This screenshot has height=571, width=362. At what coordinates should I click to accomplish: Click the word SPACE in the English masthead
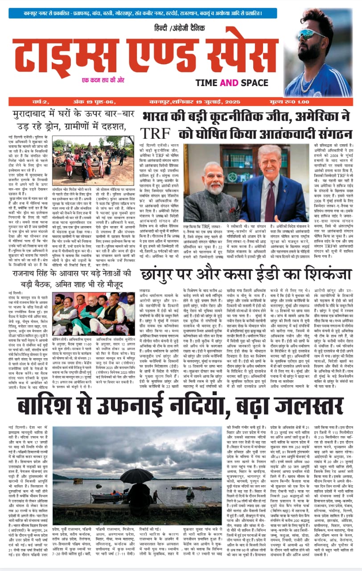point(259,82)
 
